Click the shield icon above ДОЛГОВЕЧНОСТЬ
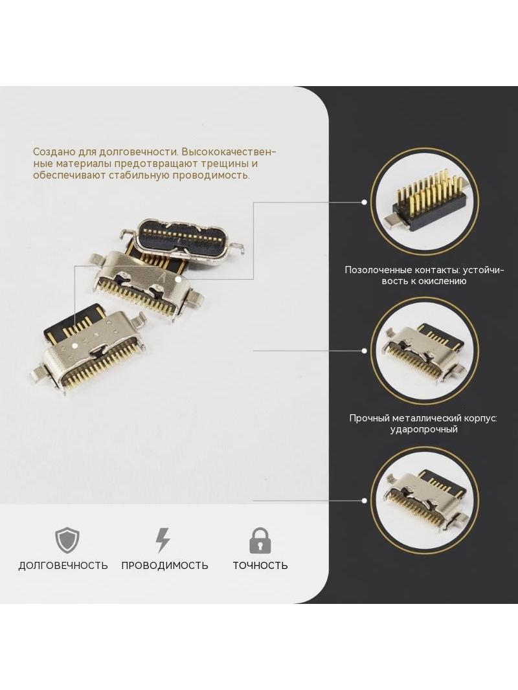point(67,540)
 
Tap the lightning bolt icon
point(163,540)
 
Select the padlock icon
point(260,540)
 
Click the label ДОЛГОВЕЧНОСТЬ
point(63,566)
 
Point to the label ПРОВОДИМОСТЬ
point(164,566)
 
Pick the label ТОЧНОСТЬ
point(260,566)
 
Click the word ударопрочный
point(424,430)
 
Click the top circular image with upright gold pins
point(424,203)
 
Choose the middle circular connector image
point(424,351)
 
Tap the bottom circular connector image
point(424,500)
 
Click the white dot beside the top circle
point(365,202)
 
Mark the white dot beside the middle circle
point(365,351)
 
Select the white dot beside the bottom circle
point(365,500)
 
